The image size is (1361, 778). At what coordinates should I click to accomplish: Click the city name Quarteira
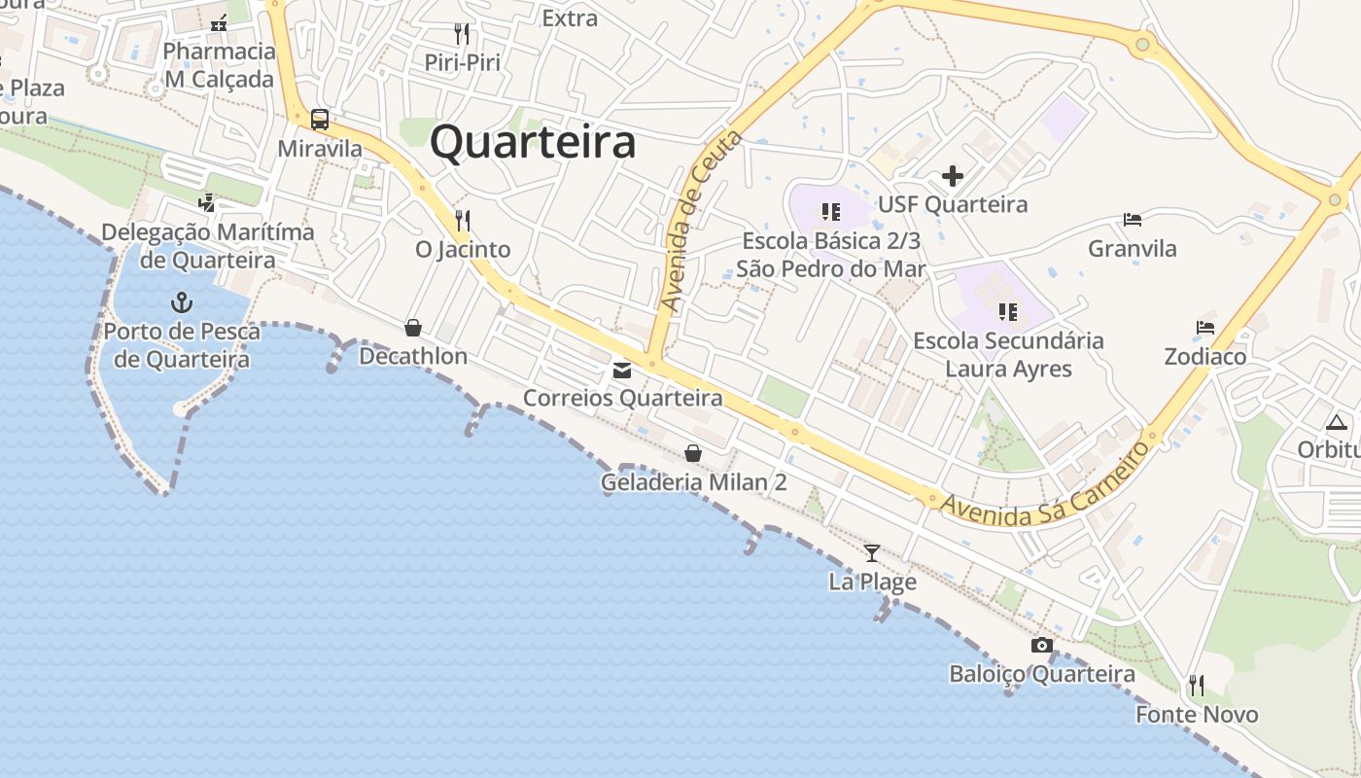pos(533,142)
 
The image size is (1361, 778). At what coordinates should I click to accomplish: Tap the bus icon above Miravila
pos(320,121)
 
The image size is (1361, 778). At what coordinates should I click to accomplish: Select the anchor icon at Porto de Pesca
pos(182,302)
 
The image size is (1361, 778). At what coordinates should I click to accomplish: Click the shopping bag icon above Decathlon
pos(413,328)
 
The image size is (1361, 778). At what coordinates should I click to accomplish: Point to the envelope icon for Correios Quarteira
pos(622,371)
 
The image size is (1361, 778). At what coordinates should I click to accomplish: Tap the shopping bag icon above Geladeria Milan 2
pos(693,453)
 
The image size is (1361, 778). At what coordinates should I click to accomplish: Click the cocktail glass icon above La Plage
pos(872,553)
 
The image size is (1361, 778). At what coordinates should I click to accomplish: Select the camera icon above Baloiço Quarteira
pos(1041,646)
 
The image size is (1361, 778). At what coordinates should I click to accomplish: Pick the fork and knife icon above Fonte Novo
pos(1197,686)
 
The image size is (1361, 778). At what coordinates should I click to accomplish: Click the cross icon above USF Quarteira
pos(953,176)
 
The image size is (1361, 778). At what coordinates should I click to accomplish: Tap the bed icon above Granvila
pos(1132,220)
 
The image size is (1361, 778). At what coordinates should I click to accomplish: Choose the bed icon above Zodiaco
pos(1205,328)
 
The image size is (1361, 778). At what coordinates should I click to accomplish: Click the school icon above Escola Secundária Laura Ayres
pos(1008,312)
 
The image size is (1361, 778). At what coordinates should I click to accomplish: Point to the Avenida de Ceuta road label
pos(701,222)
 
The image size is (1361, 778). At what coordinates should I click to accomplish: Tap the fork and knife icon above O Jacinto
pos(463,221)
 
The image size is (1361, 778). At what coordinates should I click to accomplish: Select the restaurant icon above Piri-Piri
pos(462,34)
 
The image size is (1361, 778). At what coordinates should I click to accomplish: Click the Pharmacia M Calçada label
pos(219,65)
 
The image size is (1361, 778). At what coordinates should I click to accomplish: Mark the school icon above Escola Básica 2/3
pos(830,211)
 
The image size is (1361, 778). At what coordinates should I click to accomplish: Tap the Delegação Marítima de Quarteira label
pos(208,246)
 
